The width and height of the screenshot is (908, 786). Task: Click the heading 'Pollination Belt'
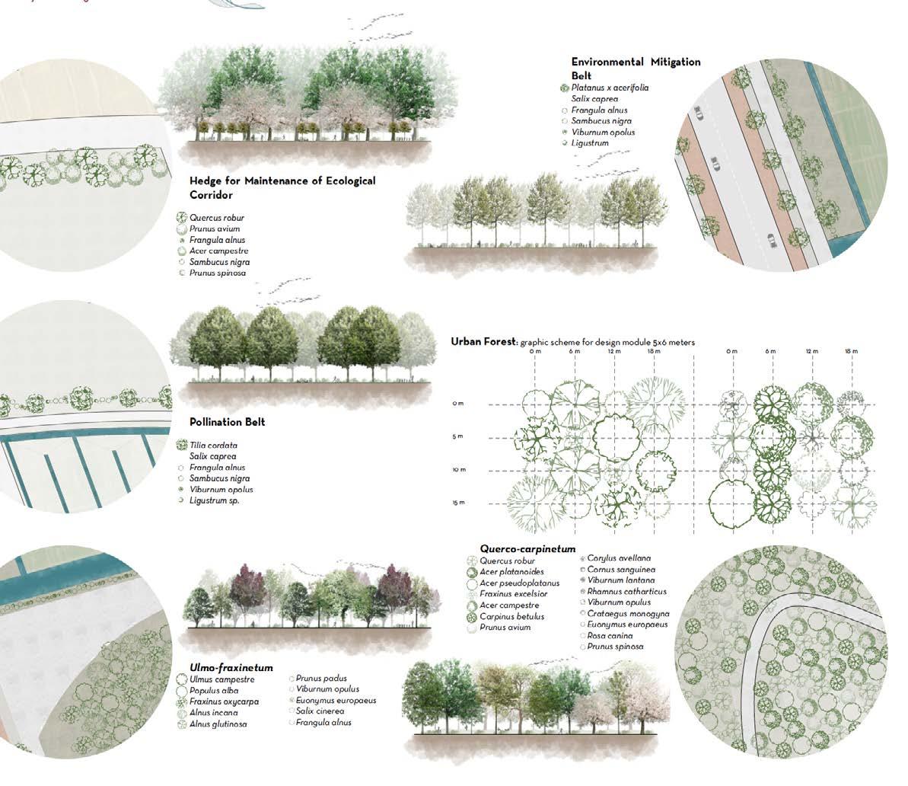[227, 422]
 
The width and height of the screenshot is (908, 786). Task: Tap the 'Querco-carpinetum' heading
[527, 548]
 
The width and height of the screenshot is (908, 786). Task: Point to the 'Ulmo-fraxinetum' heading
[231, 668]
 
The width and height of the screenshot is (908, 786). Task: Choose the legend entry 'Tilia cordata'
[213, 446]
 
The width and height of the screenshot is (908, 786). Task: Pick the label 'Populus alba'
[214, 691]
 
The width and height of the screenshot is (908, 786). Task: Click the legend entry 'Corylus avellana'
[619, 558]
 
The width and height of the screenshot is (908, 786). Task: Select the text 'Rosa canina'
[609, 635]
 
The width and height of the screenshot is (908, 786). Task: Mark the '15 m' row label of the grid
[457, 503]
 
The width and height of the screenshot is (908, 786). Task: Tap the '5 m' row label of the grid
[457, 436]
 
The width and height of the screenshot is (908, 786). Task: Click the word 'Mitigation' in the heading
[673, 62]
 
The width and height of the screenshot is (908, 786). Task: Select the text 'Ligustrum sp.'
[215, 500]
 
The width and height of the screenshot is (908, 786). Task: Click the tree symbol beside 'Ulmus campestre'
[181, 679]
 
